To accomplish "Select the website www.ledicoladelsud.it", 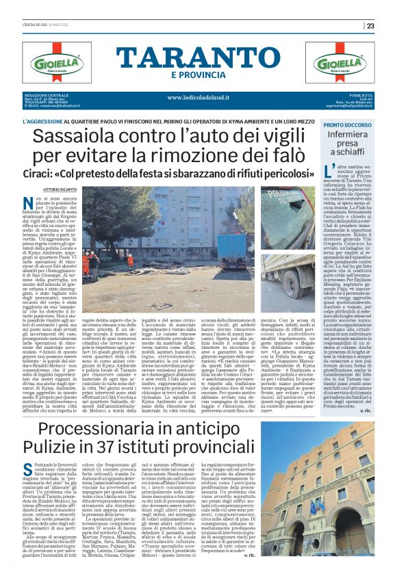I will tap(198, 98).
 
